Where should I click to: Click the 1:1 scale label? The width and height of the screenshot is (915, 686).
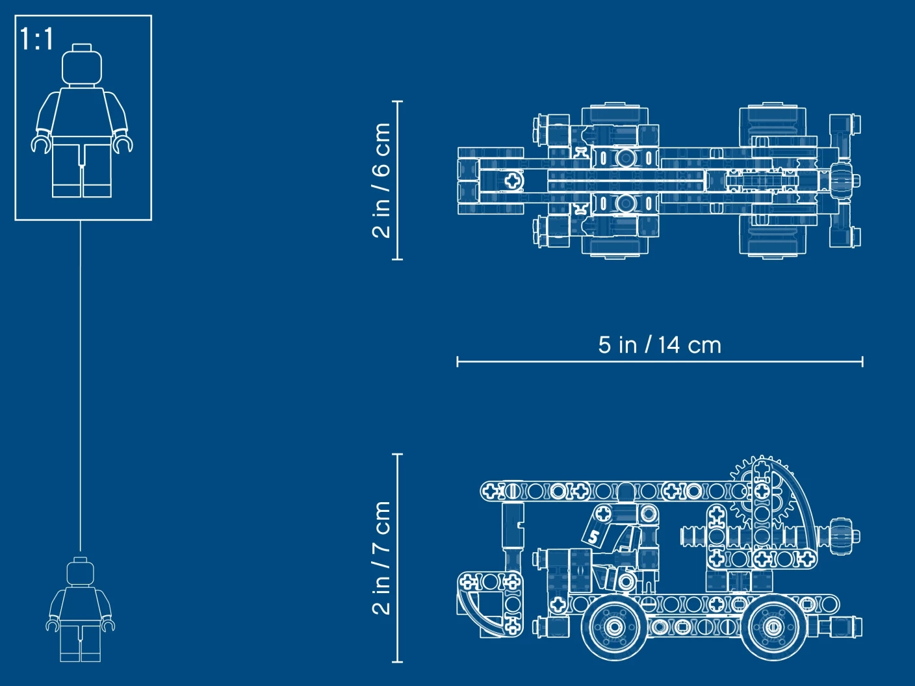pyautogui.click(x=36, y=39)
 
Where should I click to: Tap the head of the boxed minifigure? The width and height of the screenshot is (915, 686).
pyautogui.click(x=82, y=65)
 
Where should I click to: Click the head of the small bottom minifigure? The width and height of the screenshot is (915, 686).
pyautogui.click(x=80, y=571)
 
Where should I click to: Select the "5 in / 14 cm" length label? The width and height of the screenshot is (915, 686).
pyautogui.click(x=660, y=345)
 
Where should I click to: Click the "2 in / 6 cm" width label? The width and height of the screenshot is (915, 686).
pyautogui.click(x=381, y=181)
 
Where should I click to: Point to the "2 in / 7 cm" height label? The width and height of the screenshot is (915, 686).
pyautogui.click(x=381, y=558)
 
